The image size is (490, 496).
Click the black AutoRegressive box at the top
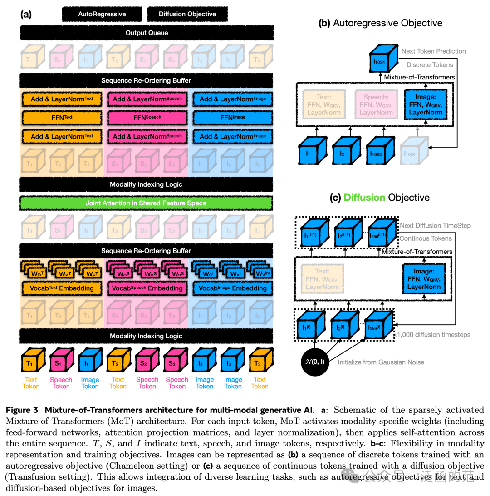coord(102,14)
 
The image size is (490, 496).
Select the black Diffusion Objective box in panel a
coord(187,14)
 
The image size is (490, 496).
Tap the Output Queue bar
coord(147,33)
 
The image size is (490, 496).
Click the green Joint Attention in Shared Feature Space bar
coord(147,203)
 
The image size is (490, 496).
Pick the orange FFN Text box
coord(62,117)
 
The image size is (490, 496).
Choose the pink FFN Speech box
coord(147,117)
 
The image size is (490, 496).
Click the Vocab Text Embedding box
coord(62,288)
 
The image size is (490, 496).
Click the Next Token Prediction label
coord(433,51)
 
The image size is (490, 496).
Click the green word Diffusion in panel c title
coord(364,198)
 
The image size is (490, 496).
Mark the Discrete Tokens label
coord(430,65)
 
